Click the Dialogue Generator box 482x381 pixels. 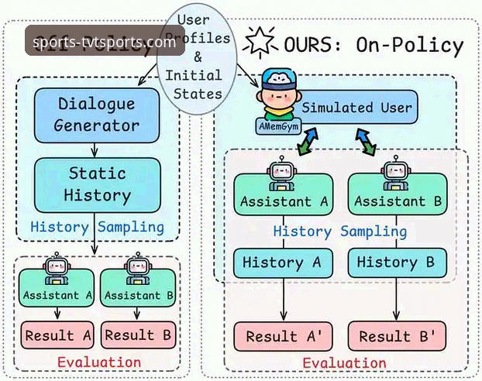(98, 114)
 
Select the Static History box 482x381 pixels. (98, 184)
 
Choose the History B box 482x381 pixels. (396, 263)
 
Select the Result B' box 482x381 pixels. (396, 336)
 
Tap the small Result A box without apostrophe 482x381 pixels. (60, 335)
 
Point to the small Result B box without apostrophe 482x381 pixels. (139, 335)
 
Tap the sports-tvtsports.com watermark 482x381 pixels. (105, 42)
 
